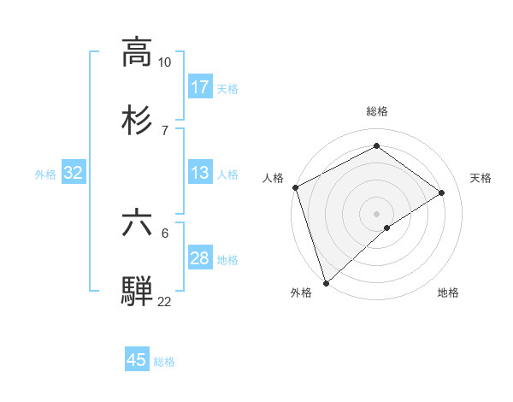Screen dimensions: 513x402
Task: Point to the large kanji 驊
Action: pyautogui.click(x=137, y=290)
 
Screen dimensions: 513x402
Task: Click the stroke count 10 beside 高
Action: pyautogui.click(x=164, y=62)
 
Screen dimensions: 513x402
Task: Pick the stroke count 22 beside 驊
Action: pyautogui.click(x=164, y=302)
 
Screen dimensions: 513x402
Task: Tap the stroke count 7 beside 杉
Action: pyautogui.click(x=164, y=129)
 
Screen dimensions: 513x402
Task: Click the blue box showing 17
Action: pyautogui.click(x=200, y=87)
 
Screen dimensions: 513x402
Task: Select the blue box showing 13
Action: pyautogui.click(x=200, y=173)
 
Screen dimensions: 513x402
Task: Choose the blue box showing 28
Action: pyautogui.click(x=200, y=258)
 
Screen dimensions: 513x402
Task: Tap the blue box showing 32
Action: pyautogui.click(x=74, y=173)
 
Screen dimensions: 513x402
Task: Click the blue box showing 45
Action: pyautogui.click(x=137, y=360)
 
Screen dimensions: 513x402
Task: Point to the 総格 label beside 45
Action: pyautogui.click(x=164, y=362)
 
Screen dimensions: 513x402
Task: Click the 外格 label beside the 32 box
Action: pyautogui.click(x=45, y=174)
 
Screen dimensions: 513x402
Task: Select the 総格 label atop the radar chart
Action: pyautogui.click(x=377, y=111)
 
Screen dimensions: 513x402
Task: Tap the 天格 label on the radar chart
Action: pyautogui.click(x=481, y=178)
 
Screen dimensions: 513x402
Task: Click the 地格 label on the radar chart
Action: pyautogui.click(x=448, y=293)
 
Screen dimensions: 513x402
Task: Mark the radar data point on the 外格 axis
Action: pyautogui.click(x=325, y=282)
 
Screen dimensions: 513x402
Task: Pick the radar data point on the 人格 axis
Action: pyautogui.click(x=295, y=187)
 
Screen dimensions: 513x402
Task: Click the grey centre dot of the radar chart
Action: pyautogui.click(x=376, y=213)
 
